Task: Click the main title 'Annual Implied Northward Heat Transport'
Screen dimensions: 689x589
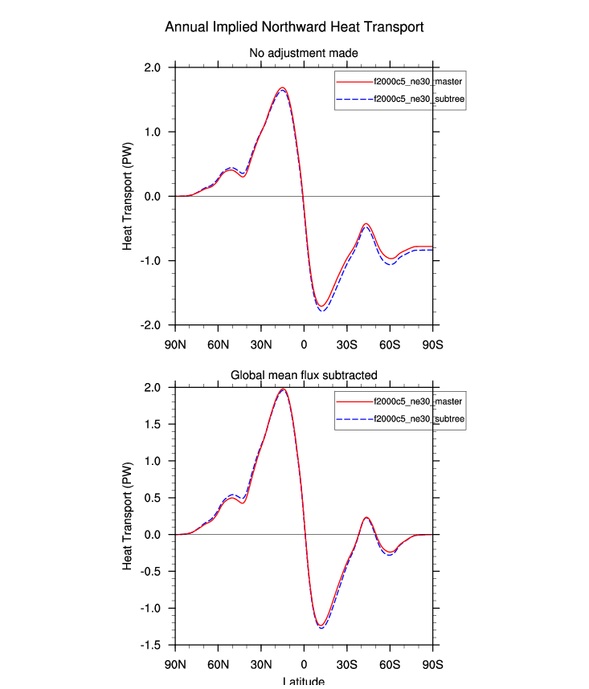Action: click(294, 27)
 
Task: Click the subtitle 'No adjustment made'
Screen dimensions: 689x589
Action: click(304, 53)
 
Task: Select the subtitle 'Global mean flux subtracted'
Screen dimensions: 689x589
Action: click(304, 374)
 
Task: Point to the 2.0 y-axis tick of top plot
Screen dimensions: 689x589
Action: click(153, 67)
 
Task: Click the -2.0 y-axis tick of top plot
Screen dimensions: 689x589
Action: click(152, 325)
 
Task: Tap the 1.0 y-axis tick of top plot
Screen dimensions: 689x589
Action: click(153, 132)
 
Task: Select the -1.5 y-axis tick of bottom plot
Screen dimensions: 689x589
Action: click(152, 645)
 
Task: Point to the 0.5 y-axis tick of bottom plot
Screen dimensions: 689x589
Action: click(153, 498)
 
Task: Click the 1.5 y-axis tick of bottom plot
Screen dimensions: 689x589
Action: click(153, 424)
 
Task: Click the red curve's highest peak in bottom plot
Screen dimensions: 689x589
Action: click(283, 389)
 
